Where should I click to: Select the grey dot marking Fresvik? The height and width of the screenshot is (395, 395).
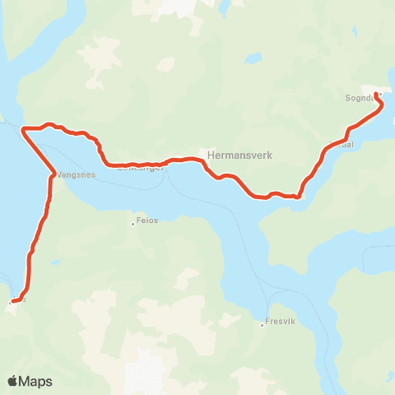pyautogui.click(x=263, y=323)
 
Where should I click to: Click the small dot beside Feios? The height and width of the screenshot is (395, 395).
pyautogui.click(x=132, y=221)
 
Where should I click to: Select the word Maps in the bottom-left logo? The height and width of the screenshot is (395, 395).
pyautogui.click(x=36, y=381)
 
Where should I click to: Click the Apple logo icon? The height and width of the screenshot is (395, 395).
pyautogui.click(x=13, y=381)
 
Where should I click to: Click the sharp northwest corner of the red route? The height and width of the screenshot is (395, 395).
pyautogui.click(x=24, y=129)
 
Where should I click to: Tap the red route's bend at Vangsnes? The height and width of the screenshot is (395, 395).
pyautogui.click(x=53, y=173)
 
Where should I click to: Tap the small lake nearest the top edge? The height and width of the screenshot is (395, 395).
pyautogui.click(x=224, y=7)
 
